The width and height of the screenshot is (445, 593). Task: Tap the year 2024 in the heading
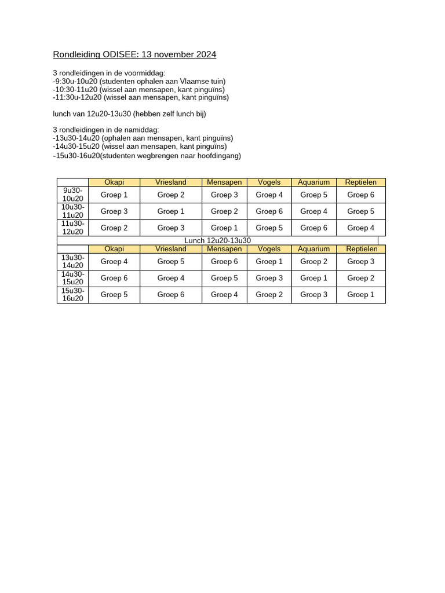coord(206,55)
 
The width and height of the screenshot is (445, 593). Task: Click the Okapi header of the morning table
coord(114,182)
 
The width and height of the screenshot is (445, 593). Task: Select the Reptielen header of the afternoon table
coord(362,249)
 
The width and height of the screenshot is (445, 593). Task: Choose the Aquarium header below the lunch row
coord(314,249)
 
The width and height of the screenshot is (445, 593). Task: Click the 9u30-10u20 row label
coord(73,195)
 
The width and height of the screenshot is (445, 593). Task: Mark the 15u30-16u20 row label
coord(73,295)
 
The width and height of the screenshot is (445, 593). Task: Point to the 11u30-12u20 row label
coord(73,228)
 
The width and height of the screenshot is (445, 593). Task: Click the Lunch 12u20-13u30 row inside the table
coord(217,240)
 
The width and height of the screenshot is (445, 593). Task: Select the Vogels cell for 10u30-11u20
coord(269,211)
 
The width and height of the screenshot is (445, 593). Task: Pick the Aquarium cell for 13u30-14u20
coord(314,262)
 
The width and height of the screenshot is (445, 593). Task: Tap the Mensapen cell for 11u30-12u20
coord(224,228)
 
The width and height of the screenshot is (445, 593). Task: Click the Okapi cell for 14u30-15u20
coord(114,278)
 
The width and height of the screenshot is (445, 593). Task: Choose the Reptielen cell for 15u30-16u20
coord(361,295)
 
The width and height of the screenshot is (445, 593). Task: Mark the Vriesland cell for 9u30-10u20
coord(171,195)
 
